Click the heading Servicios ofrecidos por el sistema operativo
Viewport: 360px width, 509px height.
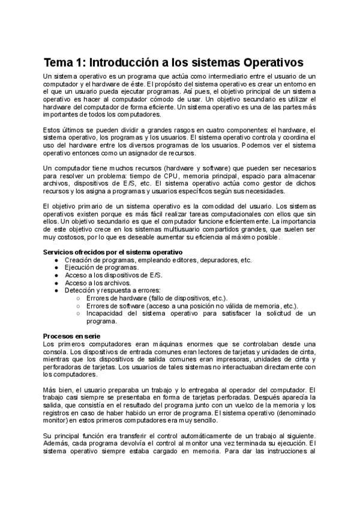[113, 251]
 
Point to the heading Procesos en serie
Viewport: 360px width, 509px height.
[72, 335]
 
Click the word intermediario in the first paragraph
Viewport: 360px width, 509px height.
[214, 77]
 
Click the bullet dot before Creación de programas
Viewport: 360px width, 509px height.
[56, 260]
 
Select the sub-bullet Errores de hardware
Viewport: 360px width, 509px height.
[117, 298]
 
